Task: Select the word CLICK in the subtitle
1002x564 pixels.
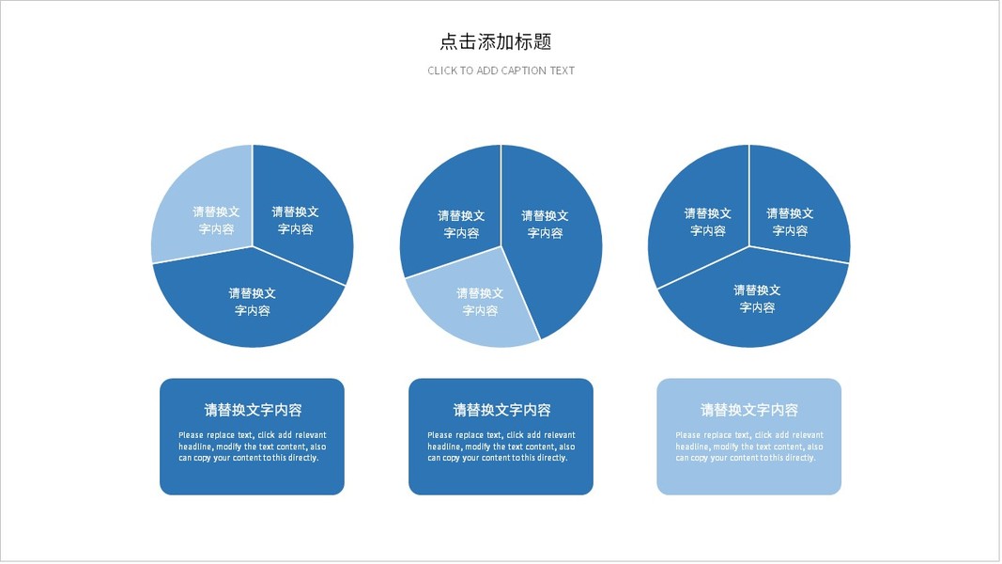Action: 442,70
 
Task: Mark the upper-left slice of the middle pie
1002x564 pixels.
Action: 451,211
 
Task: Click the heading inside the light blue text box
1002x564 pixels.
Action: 749,410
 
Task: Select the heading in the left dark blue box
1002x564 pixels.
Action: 253,410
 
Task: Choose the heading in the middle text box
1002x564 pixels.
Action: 501,410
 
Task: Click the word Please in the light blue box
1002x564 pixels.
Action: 687,435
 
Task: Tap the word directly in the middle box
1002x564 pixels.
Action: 550,458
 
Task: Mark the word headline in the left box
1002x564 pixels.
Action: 194,446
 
